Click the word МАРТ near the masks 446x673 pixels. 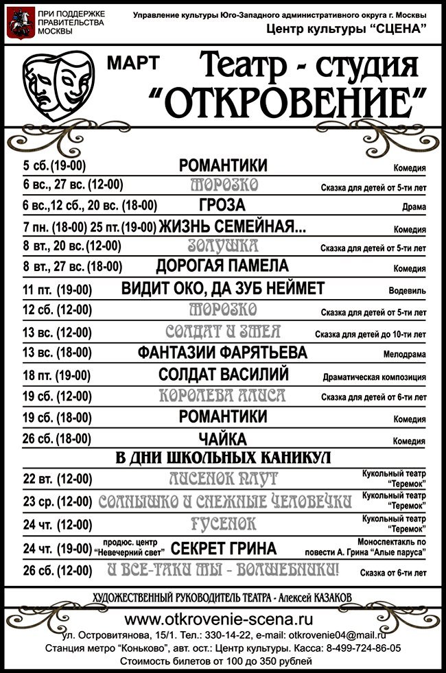[133, 63]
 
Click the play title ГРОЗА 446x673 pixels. [222, 206]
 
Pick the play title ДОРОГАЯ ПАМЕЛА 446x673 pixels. [222, 266]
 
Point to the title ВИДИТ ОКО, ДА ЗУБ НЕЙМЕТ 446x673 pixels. [222, 288]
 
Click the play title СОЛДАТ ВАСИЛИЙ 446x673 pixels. [223, 375]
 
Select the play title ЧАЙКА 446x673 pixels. [222, 439]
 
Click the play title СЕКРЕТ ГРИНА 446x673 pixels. [224, 548]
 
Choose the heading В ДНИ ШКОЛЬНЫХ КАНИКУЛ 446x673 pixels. [222, 458]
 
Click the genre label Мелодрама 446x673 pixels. [405, 355]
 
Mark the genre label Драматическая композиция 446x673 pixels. [374, 377]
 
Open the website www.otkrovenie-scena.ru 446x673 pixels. [222, 619]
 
